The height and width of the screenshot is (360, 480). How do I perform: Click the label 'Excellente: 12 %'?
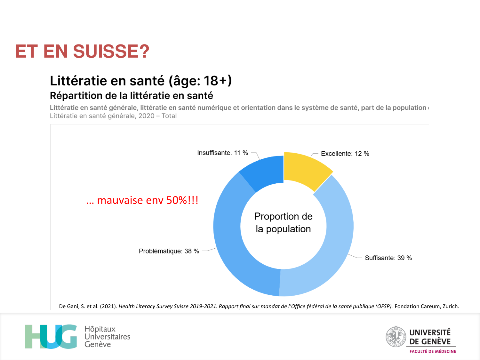(x=345, y=154)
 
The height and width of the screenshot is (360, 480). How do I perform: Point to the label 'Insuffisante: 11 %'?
(x=222, y=153)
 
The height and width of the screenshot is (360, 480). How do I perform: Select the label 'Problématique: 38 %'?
(x=169, y=251)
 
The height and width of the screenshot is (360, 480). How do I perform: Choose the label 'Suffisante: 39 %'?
(x=388, y=258)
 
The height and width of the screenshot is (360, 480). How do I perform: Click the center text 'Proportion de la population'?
(x=283, y=223)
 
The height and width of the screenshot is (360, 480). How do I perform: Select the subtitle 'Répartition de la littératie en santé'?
(x=131, y=96)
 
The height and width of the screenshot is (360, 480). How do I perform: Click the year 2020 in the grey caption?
(x=147, y=116)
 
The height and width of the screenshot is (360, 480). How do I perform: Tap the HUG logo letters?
(x=51, y=337)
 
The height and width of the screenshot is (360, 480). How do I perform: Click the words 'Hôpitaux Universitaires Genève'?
(x=107, y=337)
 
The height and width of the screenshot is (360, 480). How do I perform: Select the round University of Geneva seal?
(x=396, y=337)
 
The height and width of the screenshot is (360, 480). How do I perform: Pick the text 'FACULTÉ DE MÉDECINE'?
(x=433, y=351)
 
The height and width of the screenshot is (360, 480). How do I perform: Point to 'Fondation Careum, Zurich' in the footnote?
(x=427, y=306)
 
